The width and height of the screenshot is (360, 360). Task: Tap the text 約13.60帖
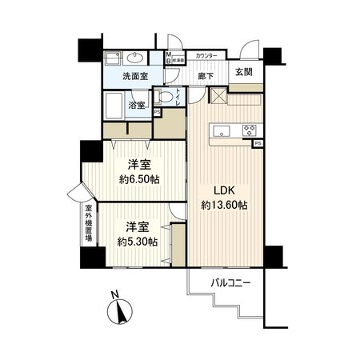[224, 206]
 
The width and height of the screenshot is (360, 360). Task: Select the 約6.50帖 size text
[138, 179]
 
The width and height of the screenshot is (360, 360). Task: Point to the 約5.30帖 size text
[138, 241]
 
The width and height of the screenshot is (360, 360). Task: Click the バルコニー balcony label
[231, 282]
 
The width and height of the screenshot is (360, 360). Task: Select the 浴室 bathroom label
[136, 105]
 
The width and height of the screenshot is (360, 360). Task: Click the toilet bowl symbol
[164, 98]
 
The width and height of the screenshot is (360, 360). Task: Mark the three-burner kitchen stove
[249, 131]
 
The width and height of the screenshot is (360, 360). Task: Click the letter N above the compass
[114, 294]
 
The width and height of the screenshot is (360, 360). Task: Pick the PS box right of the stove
[258, 144]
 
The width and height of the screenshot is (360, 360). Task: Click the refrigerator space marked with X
[218, 97]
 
